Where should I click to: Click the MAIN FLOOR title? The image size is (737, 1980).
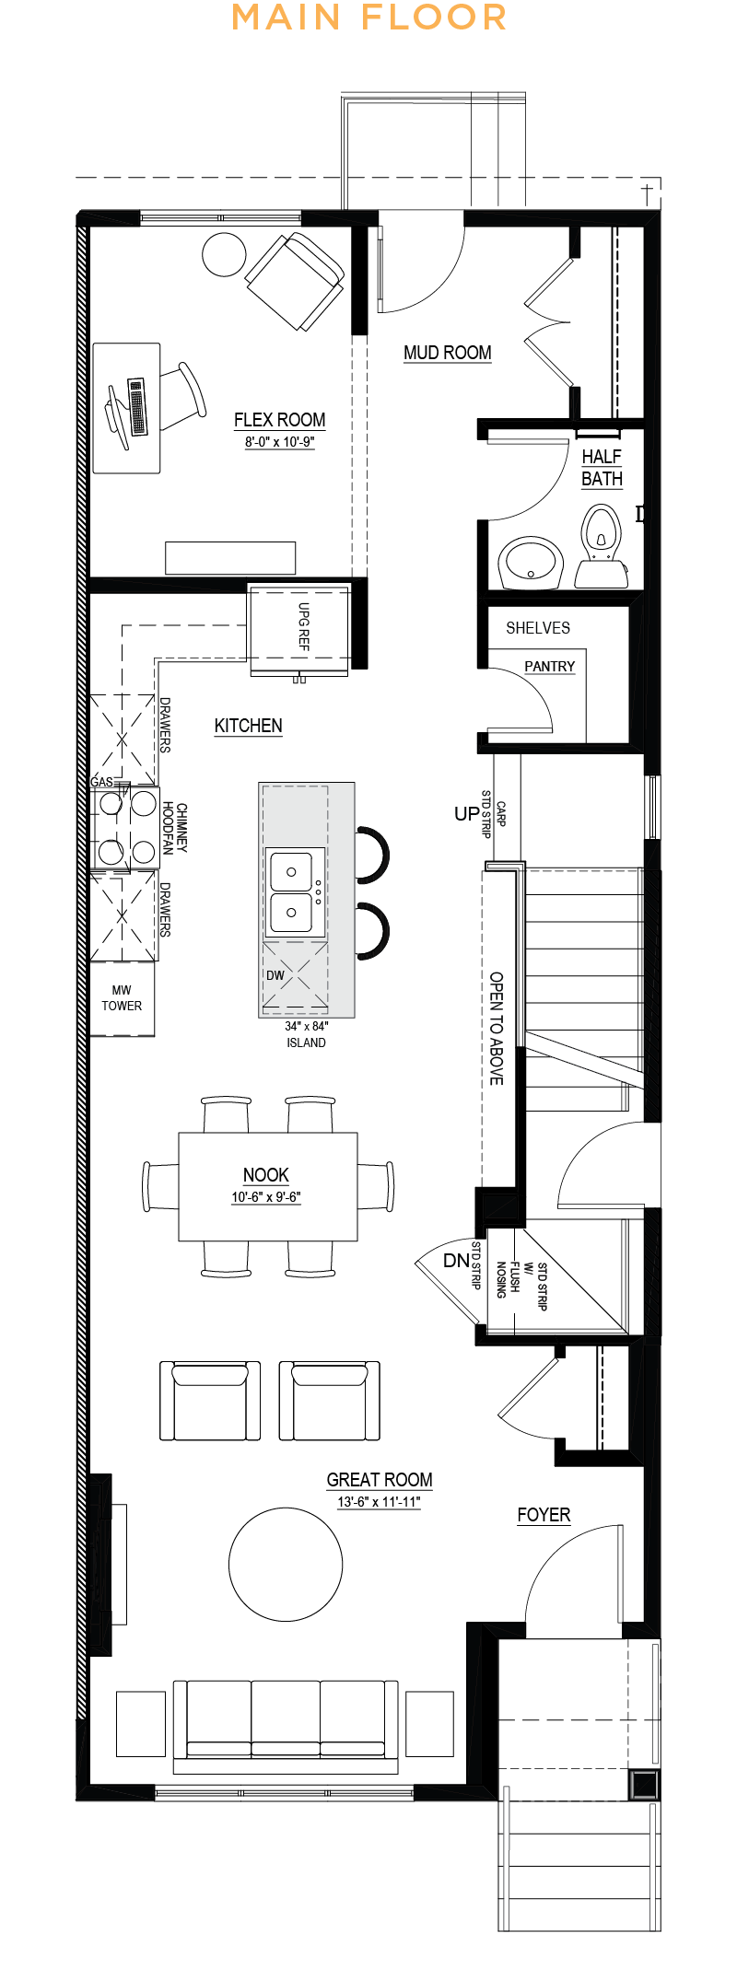tap(368, 17)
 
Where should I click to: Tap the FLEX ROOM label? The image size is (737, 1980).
tap(279, 420)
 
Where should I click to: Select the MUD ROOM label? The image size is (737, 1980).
tap(448, 353)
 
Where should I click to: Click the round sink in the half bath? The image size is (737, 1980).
tap(531, 565)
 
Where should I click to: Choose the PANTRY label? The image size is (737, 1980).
tap(550, 667)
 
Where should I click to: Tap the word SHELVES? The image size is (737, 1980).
tap(538, 628)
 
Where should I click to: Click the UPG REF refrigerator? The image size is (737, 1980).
tap(299, 631)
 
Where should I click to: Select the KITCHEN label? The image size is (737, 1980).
tap(249, 726)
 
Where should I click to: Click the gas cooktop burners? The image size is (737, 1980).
tap(127, 827)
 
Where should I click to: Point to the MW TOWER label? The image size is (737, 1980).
tap(122, 998)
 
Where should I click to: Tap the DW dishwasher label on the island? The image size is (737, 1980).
tap(275, 975)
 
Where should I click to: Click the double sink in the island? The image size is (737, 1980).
tap(297, 892)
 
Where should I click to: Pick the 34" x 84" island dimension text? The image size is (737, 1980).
tap(307, 1026)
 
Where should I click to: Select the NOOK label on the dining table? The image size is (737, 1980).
tap(266, 1175)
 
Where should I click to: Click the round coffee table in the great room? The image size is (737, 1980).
tap(286, 1564)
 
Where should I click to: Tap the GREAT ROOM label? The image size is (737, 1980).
tap(380, 1480)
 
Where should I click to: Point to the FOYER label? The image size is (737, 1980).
tap(544, 1515)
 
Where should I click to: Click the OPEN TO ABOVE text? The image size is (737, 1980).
tap(497, 1028)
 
